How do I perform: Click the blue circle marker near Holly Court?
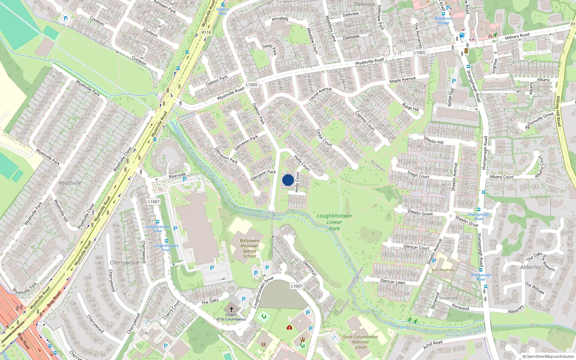[x=288, y=180]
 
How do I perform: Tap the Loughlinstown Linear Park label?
[x=334, y=222]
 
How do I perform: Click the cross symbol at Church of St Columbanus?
[x=231, y=309]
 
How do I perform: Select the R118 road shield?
[x=206, y=32]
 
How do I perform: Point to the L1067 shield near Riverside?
[x=154, y=202]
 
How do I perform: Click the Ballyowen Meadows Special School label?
[x=249, y=248]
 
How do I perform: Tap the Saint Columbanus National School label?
[x=360, y=342]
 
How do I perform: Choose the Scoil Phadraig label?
[x=443, y=270]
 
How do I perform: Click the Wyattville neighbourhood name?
[x=70, y=183]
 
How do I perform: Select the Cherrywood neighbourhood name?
[x=124, y=263]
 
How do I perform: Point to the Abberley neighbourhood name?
[x=530, y=267]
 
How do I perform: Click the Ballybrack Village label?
[x=444, y=21]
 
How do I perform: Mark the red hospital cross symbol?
[x=289, y=327]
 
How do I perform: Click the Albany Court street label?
[x=501, y=177]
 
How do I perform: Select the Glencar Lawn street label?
[x=393, y=282]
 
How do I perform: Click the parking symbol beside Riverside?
[x=185, y=179]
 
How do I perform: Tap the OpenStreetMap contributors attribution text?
[x=548, y=357]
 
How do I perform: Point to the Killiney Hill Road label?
[x=558, y=111]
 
